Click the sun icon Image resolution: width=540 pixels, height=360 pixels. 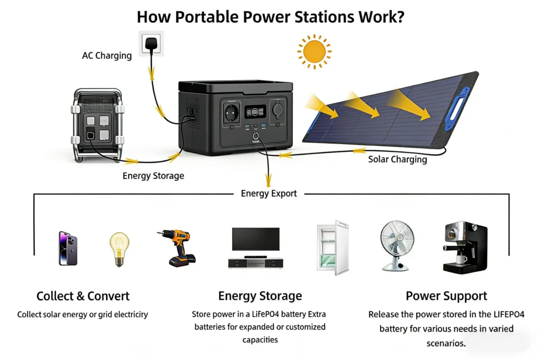[x=314, y=52]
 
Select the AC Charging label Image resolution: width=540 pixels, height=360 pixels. [x=107, y=55]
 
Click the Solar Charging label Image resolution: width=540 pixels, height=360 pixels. [x=397, y=159]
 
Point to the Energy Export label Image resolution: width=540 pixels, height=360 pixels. [x=269, y=193]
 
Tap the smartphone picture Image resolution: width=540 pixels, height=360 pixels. [x=68, y=248]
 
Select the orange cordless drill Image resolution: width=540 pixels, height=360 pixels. [x=177, y=248]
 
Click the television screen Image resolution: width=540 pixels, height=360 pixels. [x=256, y=239]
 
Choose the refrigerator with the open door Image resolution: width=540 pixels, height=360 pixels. [x=333, y=248]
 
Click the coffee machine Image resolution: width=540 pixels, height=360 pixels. [x=465, y=248]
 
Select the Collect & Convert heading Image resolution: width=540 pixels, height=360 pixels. [x=83, y=296]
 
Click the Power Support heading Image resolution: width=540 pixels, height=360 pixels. [x=446, y=296]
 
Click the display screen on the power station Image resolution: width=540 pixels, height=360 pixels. [x=255, y=112]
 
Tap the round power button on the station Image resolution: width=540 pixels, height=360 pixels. [x=256, y=137]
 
